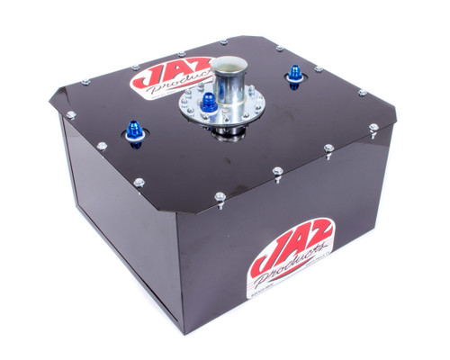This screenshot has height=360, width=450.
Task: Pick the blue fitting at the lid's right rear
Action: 295,75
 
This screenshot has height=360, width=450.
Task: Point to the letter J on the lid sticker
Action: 144,79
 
